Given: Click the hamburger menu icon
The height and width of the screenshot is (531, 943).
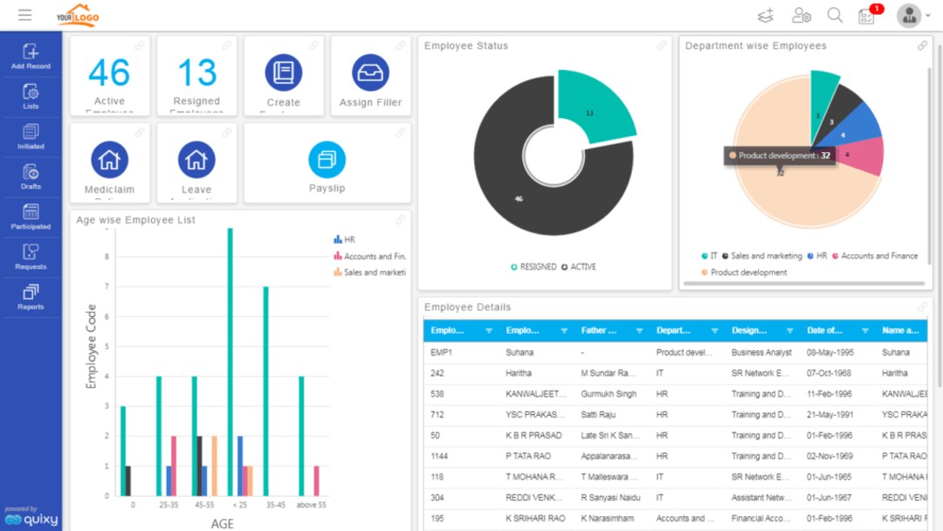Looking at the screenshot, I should (x=24, y=15).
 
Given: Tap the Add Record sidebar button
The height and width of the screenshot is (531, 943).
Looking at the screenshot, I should (x=31, y=57).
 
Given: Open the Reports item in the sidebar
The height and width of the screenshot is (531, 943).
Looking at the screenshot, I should (x=31, y=297).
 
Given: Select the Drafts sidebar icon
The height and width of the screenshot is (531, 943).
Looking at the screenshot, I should (x=31, y=176).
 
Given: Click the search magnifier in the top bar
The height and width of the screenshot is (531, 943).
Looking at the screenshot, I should (x=835, y=15).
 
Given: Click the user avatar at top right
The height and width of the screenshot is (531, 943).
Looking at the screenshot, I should (x=909, y=16).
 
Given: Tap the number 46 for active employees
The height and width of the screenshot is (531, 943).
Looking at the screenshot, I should (x=109, y=73).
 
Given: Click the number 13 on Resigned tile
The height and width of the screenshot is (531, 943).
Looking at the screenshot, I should (x=196, y=73).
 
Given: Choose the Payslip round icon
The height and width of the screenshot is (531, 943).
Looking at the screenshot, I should (x=327, y=160).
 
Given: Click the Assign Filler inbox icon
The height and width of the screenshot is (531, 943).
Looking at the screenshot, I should (x=370, y=72).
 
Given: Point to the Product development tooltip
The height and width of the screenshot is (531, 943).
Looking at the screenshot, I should (x=780, y=155).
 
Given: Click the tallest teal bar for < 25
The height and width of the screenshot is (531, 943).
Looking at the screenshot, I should (x=231, y=358).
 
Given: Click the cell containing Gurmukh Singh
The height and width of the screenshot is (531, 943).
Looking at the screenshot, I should (x=609, y=394).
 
